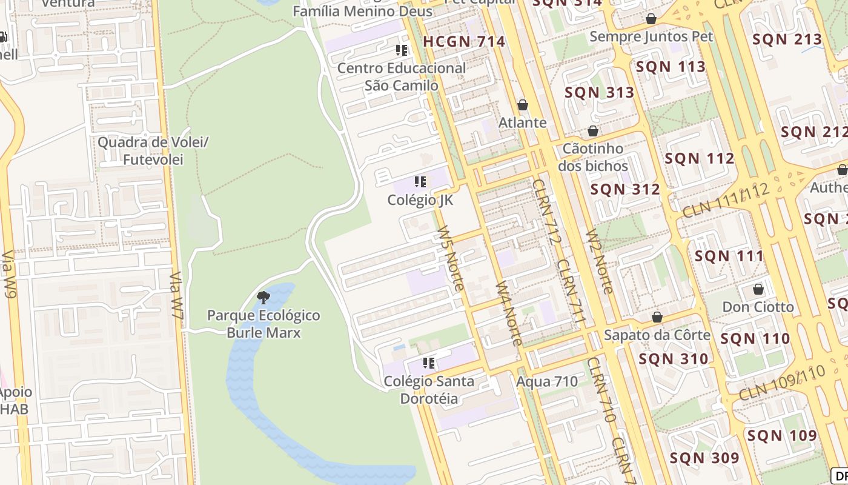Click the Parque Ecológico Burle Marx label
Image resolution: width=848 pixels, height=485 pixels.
[263, 324]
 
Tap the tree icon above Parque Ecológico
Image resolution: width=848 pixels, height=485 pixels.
[263, 297]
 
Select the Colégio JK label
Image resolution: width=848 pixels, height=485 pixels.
[420, 200]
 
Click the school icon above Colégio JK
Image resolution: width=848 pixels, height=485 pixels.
[420, 181]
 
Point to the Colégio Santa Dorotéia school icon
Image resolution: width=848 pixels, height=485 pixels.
[429, 363]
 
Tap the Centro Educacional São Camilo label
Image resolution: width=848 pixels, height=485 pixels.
[402, 76]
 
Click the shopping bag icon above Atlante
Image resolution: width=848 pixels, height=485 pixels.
[523, 105]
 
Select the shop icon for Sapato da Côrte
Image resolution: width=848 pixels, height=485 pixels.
[657, 317]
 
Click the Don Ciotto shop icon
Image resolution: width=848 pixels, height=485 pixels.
[758, 289]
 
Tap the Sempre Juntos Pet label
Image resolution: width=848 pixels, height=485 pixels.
[651, 36]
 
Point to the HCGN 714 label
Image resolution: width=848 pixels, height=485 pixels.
[464, 42]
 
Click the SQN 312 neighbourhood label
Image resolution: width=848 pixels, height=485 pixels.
[625, 189]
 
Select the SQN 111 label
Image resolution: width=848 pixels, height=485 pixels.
[729, 256]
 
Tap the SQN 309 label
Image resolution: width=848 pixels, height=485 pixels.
[704, 458]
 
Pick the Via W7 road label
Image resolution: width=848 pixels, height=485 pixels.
[177, 295]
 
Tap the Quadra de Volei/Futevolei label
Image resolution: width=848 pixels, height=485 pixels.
[153, 151]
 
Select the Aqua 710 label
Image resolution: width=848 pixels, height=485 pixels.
[547, 382]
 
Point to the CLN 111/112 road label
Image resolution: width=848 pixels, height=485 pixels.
[726, 201]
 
